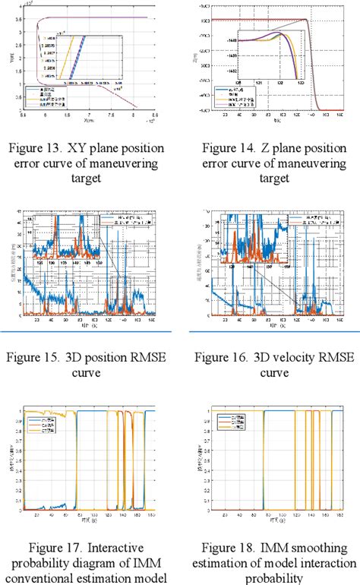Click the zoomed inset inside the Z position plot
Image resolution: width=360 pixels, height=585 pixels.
[x=270, y=55]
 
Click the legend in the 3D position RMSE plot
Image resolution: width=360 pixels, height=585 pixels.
[x=136, y=222]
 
